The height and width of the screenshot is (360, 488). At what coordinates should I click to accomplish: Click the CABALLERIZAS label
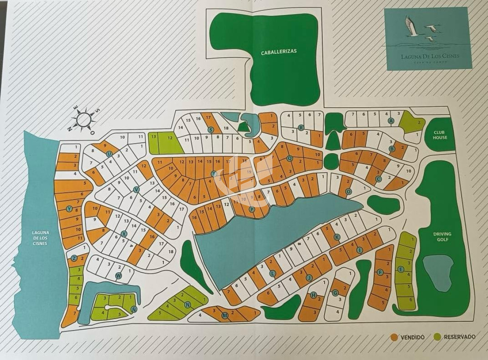[279, 52]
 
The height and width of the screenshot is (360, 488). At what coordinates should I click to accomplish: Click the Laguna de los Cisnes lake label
[40, 238]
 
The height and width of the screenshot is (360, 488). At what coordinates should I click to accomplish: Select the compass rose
[84, 119]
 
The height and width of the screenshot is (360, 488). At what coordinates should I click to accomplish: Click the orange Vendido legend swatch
[394, 337]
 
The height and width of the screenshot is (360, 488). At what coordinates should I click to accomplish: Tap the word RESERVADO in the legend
[460, 337]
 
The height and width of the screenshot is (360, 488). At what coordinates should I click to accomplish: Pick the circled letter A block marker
[391, 121]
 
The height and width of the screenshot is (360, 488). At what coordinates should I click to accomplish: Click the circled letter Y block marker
[69, 209]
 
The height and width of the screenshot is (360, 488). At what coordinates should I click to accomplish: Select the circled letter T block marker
[213, 173]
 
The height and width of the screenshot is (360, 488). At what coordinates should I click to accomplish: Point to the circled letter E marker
[401, 269]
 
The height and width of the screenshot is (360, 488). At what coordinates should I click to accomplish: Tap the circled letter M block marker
[224, 316]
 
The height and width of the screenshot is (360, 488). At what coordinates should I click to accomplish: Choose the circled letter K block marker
[336, 237]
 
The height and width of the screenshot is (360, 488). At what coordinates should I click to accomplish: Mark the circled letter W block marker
[119, 276]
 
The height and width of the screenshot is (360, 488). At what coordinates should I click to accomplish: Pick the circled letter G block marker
[335, 293]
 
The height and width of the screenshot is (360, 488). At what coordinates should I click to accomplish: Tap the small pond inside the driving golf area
[438, 271]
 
